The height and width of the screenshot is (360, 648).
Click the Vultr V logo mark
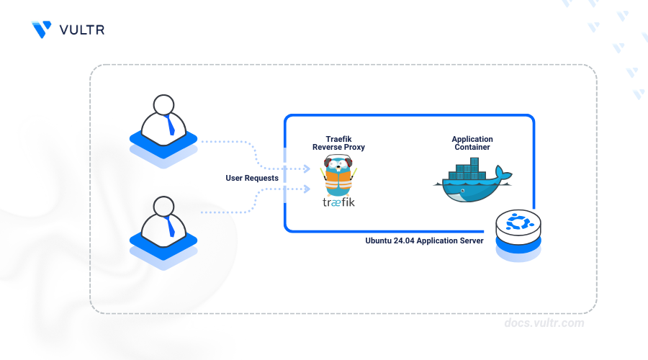click(41, 30)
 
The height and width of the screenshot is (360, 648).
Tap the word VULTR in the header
click(82, 30)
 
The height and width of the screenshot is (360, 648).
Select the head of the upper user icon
click(163, 104)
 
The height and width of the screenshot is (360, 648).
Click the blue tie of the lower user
click(169, 227)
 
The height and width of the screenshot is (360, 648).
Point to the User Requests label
click(252, 178)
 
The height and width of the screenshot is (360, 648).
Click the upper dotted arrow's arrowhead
click(307, 168)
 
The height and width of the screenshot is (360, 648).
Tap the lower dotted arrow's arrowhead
click(307, 189)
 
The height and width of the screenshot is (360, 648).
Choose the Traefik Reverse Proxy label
click(338, 143)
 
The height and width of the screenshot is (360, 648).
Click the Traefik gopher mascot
click(338, 175)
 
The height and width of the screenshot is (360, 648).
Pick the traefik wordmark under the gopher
click(338, 202)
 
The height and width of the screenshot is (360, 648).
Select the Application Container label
click(472, 143)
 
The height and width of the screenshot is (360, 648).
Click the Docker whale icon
click(472, 180)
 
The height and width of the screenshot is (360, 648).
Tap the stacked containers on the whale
click(467, 168)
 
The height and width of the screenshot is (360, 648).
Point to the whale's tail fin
click(503, 174)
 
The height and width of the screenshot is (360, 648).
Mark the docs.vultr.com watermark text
click(544, 323)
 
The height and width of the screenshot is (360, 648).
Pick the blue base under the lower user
click(163, 251)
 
